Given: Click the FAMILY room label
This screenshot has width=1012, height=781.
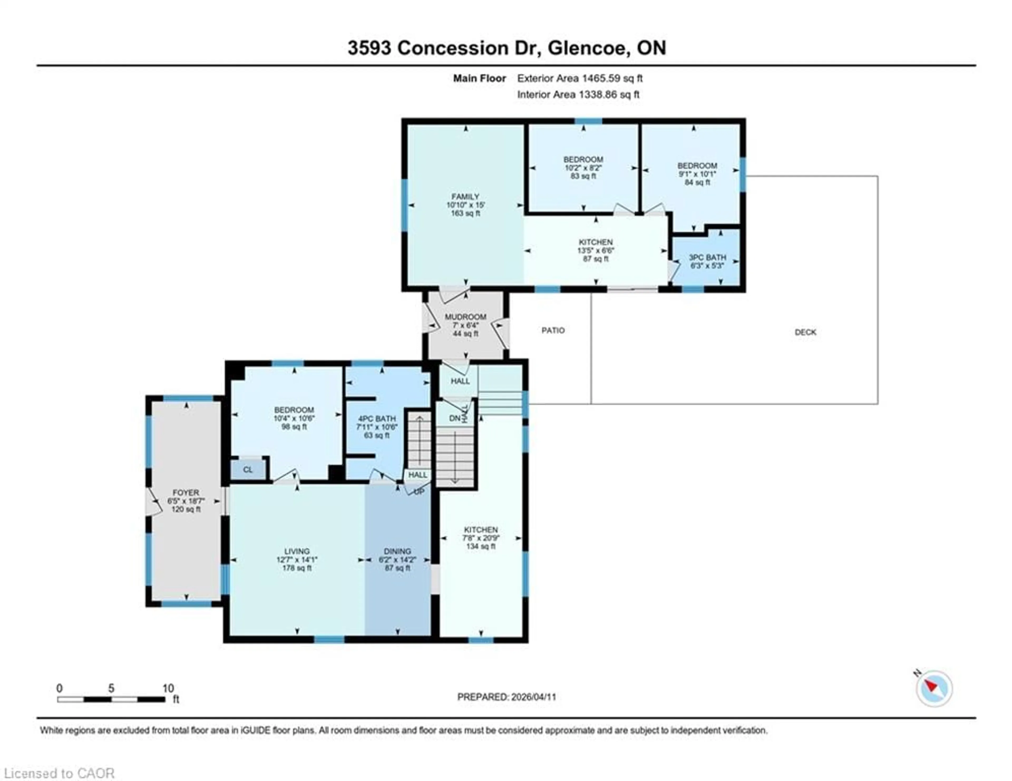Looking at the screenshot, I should pos(465,196).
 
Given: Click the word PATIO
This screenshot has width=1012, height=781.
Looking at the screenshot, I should pos(553,330).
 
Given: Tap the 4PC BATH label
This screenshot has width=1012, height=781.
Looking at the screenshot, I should pos(376,418).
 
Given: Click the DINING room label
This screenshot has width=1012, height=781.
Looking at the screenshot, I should pos(397,551).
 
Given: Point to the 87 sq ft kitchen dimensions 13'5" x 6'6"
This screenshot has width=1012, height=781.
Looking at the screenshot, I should pos(595,251).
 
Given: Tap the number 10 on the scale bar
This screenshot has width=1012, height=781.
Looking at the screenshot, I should pos(168,688).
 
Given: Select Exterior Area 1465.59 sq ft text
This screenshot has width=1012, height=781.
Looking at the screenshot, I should pos(580,78).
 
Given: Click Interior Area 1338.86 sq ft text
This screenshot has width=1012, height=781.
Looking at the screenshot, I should pos(578,95).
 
